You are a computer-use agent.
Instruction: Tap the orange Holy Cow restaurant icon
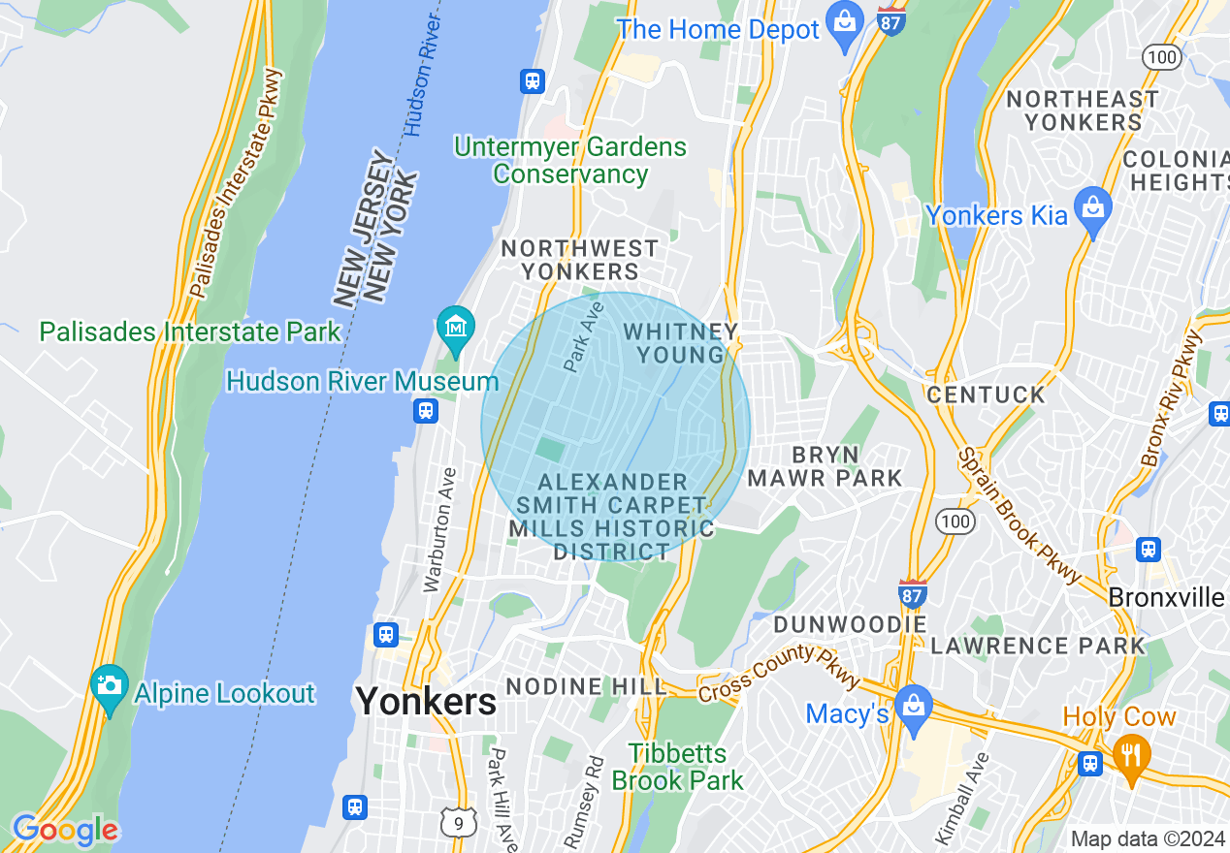pyautogui.click(x=1129, y=750)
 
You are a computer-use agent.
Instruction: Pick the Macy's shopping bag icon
pyautogui.click(x=913, y=705)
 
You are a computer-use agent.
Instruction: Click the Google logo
pyautogui.click(x=64, y=831)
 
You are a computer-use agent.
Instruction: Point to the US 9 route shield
pyautogui.click(x=458, y=822)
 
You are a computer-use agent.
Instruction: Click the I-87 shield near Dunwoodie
pyautogui.click(x=912, y=592)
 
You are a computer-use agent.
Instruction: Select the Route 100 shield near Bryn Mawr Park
pyautogui.click(x=955, y=522)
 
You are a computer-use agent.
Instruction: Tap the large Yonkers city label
pyautogui.click(x=427, y=701)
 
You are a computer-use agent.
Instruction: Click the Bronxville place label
pyautogui.click(x=1166, y=597)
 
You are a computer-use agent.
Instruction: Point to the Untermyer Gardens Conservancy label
pyautogui.click(x=570, y=161)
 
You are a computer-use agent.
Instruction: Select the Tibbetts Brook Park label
pyautogui.click(x=677, y=766)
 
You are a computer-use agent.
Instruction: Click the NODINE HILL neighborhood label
pyautogui.click(x=587, y=686)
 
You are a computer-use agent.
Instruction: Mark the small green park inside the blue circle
pyautogui.click(x=550, y=449)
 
